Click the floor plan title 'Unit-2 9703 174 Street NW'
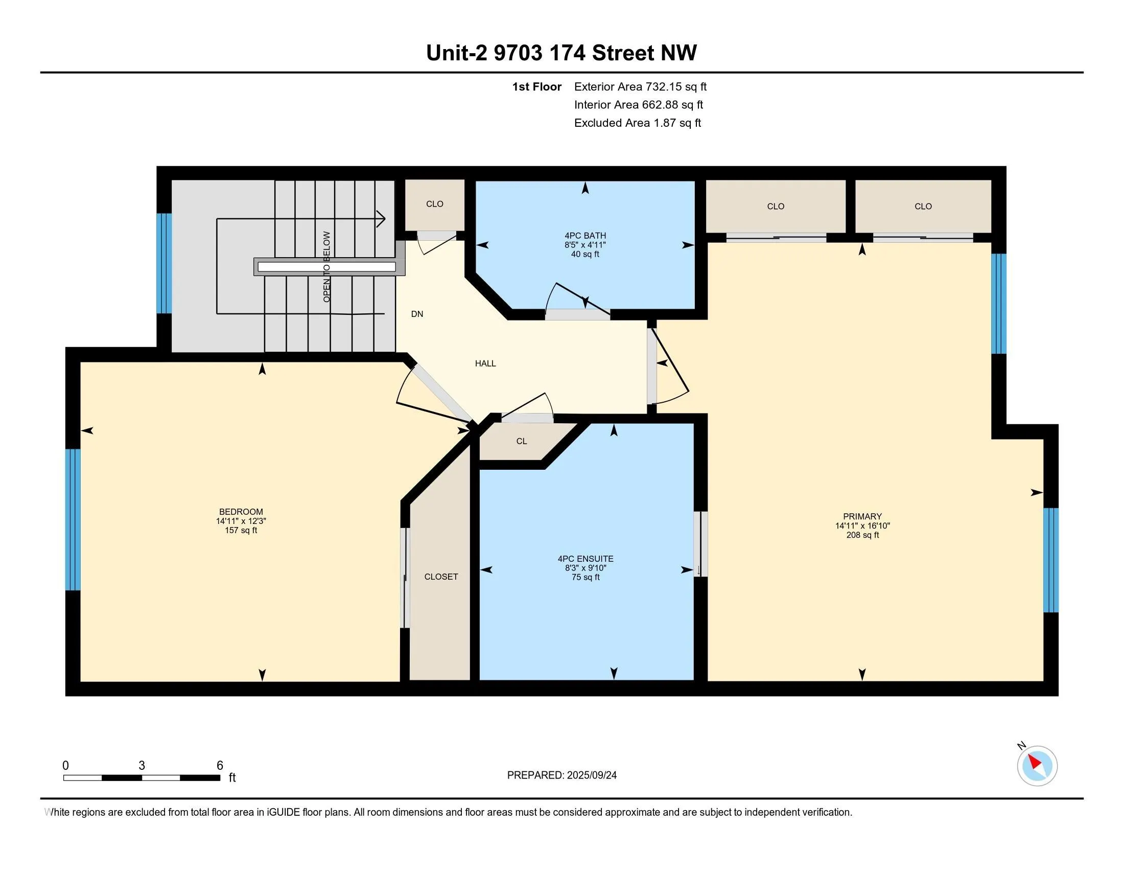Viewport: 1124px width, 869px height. (561, 53)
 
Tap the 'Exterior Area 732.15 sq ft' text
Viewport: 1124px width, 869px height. (640, 87)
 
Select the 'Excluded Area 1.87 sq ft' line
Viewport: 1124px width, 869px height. (638, 123)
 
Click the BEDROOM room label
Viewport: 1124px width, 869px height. (241, 512)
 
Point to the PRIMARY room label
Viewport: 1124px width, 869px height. (862, 516)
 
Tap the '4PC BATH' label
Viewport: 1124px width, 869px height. (585, 236)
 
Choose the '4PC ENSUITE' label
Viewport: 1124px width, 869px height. (586, 559)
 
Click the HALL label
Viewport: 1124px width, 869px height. (485, 363)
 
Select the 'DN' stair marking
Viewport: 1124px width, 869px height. (417, 314)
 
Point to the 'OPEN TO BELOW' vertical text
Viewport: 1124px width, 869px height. (327, 267)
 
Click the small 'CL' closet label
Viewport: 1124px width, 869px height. (521, 441)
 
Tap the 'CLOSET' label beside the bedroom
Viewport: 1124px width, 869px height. (441, 577)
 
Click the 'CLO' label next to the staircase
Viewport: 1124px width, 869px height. (434, 204)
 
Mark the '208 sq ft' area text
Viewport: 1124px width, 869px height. (862, 535)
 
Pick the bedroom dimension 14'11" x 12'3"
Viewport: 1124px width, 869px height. (241, 521)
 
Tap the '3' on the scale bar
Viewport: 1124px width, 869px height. (142, 766)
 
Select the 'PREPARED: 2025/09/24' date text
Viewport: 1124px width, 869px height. (562, 775)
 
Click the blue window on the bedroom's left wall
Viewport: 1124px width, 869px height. (73, 519)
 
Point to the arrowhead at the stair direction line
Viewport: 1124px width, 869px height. (381, 219)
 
